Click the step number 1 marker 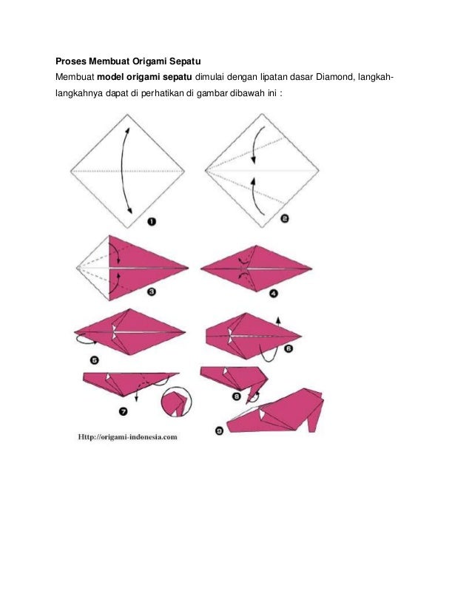[152, 222]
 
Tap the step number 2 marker [285, 219]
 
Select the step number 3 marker [152, 291]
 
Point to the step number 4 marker [274, 294]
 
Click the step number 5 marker [95, 360]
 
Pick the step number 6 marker [289, 348]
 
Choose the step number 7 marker [123, 411]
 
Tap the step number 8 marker [237, 396]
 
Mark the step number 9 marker [220, 431]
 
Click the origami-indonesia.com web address [127, 437]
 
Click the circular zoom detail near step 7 [177, 402]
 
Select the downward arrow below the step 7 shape [136, 394]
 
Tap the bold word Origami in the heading [150, 61]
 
